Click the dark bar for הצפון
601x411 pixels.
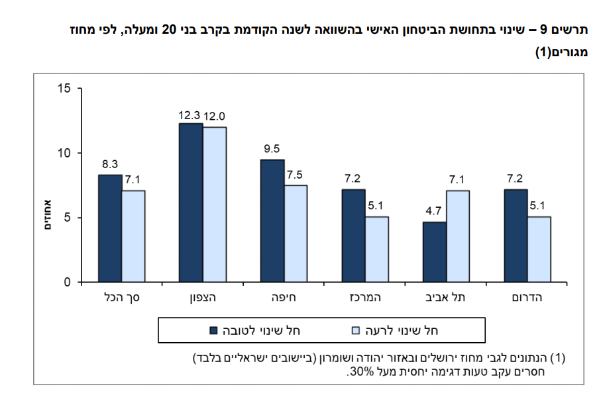[x=191, y=203]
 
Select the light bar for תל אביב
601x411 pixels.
[x=458, y=236]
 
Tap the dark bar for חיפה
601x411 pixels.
[x=272, y=221]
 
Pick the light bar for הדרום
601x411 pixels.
[x=539, y=249]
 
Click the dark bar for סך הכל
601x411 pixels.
[x=110, y=228]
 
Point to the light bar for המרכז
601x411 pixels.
[x=377, y=249]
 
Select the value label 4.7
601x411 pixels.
[x=433, y=213]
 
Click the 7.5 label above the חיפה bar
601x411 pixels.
[x=296, y=176]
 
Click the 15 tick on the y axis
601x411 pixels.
[x=64, y=88]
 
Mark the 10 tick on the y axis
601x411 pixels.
[x=64, y=153]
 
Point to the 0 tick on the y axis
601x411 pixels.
[x=67, y=283]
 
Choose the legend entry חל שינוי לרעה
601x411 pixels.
[x=404, y=330]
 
